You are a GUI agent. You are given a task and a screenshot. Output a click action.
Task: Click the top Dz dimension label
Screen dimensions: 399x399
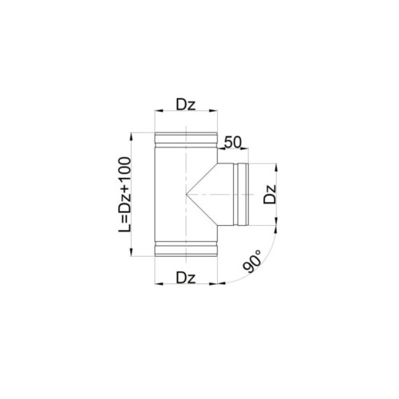click(x=186, y=105)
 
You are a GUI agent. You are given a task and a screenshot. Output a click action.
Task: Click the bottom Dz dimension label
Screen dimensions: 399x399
click(x=186, y=278)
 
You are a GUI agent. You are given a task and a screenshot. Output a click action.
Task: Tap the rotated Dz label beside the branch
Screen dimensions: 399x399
click(x=270, y=194)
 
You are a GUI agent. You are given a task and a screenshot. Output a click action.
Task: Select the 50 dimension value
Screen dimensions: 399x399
click(x=232, y=142)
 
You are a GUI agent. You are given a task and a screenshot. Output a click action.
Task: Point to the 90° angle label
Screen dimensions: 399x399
click(x=251, y=261)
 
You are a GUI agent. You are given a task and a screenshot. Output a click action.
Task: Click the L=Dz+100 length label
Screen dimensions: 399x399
click(x=124, y=195)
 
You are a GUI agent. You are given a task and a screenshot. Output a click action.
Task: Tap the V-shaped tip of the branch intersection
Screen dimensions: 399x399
click(x=187, y=195)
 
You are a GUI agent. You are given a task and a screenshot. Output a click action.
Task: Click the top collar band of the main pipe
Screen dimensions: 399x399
click(x=186, y=140)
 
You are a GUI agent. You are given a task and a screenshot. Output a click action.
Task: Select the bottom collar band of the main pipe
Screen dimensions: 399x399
click(x=186, y=249)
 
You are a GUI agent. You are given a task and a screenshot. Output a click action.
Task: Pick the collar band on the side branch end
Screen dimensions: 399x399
click(x=241, y=195)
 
